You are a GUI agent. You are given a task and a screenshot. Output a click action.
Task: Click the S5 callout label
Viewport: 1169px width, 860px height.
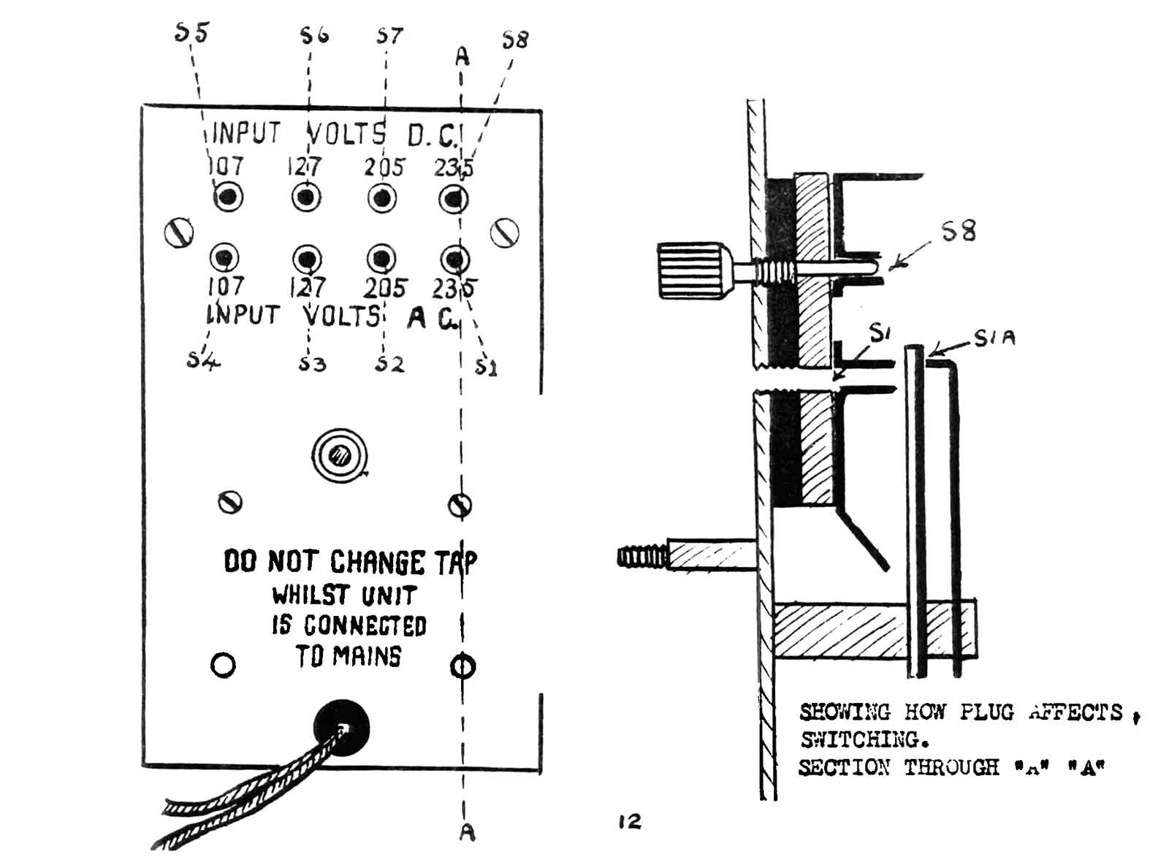tap(192, 32)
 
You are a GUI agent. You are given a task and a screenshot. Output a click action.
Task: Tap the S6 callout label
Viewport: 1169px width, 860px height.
tap(315, 34)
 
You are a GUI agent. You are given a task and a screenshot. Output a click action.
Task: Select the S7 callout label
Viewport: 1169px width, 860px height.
tap(389, 35)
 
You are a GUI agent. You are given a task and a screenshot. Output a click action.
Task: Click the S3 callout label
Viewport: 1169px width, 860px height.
tap(312, 362)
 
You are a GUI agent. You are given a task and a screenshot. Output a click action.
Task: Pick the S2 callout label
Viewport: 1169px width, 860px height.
tap(389, 363)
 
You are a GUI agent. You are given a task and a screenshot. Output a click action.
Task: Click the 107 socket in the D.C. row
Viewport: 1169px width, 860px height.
tap(229, 197)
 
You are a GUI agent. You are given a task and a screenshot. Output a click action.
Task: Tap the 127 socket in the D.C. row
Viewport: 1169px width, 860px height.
tap(306, 197)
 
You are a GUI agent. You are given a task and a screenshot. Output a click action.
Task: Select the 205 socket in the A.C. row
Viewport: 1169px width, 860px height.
tap(381, 258)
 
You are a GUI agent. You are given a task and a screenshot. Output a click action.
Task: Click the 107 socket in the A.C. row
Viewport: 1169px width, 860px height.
tap(224, 257)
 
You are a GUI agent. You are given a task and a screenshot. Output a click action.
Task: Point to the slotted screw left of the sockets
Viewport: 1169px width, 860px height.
tap(178, 232)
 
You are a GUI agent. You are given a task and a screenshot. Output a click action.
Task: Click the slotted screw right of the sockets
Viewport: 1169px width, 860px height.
tap(504, 233)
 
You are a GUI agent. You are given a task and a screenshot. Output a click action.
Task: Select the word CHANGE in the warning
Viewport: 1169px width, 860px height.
tap(377, 563)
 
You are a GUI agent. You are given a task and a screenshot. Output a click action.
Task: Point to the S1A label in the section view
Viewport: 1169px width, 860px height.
tap(995, 338)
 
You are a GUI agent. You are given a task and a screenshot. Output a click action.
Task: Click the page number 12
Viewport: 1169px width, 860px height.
tap(629, 822)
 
